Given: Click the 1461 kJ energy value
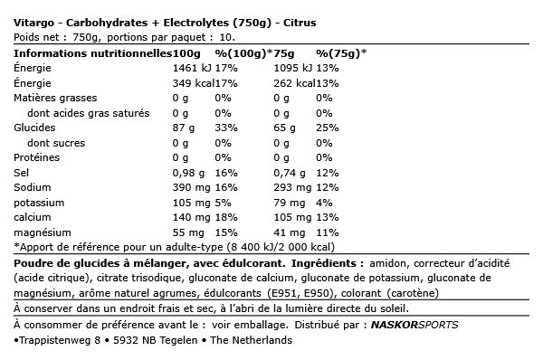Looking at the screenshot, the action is point(191,67).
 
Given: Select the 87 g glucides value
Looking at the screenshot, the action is point(185,129).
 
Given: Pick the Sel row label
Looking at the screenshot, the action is point(22,173).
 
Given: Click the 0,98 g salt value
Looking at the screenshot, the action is point(190,173).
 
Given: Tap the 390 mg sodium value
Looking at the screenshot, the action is point(191,187).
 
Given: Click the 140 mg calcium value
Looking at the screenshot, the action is point(191,218).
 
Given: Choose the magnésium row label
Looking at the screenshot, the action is point(43,232).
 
